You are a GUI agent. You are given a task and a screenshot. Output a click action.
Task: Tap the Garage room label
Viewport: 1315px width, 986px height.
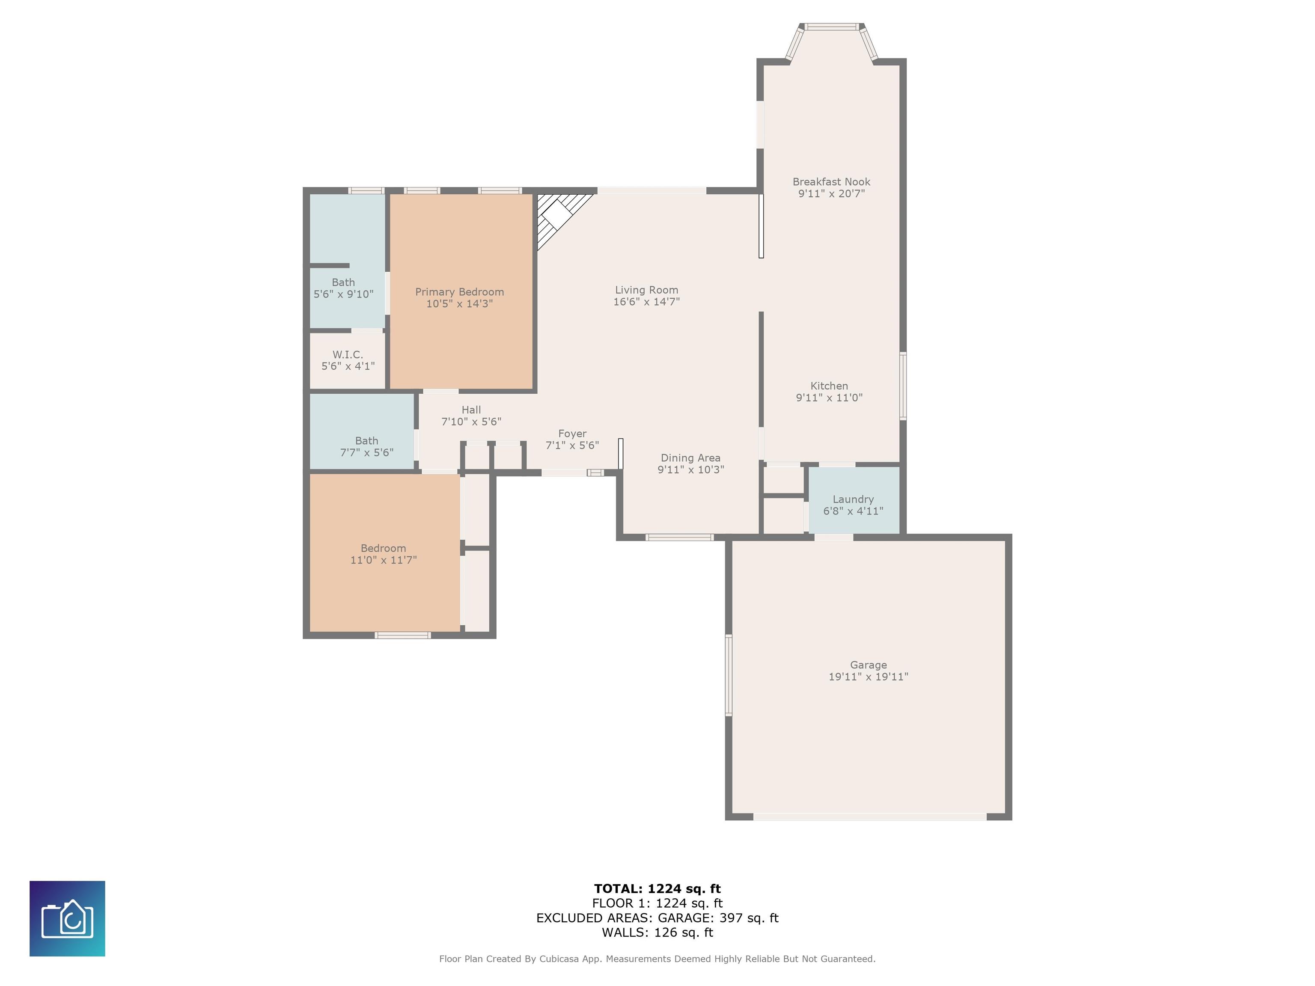click(868, 665)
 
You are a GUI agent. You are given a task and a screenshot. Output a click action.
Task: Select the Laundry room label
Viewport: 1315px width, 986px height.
click(853, 499)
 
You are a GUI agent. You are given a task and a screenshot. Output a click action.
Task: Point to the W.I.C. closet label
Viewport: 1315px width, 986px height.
click(348, 354)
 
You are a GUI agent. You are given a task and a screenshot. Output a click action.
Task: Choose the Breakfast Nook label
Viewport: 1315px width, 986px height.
click(831, 182)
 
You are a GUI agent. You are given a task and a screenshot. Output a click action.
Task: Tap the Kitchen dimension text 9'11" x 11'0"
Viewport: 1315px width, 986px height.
click(829, 398)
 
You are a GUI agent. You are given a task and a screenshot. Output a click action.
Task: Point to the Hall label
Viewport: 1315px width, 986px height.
click(471, 410)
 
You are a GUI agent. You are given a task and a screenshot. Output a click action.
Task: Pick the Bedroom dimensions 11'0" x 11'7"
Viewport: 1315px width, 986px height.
click(384, 560)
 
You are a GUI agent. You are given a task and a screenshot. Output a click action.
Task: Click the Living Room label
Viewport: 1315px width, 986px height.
click(647, 290)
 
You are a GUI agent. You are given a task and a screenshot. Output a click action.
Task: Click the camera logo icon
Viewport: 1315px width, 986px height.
click(67, 918)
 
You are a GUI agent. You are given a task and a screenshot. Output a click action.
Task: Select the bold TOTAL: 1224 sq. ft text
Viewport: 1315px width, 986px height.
click(657, 888)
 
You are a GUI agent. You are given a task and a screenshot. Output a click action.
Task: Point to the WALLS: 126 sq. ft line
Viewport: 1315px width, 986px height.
click(657, 933)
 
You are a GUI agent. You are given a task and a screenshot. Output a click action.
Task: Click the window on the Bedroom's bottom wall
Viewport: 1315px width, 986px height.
click(403, 636)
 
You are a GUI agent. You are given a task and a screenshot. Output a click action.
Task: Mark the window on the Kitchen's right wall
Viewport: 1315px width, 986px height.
click(903, 386)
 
